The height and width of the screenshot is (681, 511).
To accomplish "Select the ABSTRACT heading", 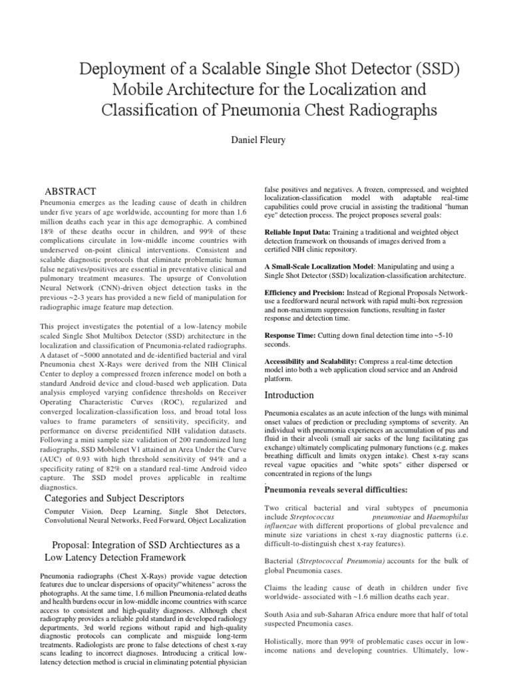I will pyautogui.click(x=71, y=191).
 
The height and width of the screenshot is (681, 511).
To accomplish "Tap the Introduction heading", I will pyautogui.click(x=289, y=395).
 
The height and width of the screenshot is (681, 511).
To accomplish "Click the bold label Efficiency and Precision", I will pyautogui.click(x=304, y=293).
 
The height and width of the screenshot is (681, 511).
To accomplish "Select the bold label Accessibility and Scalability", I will pyautogui.click(x=311, y=360).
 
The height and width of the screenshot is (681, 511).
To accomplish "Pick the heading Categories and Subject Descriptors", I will pyautogui.click(x=114, y=499).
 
